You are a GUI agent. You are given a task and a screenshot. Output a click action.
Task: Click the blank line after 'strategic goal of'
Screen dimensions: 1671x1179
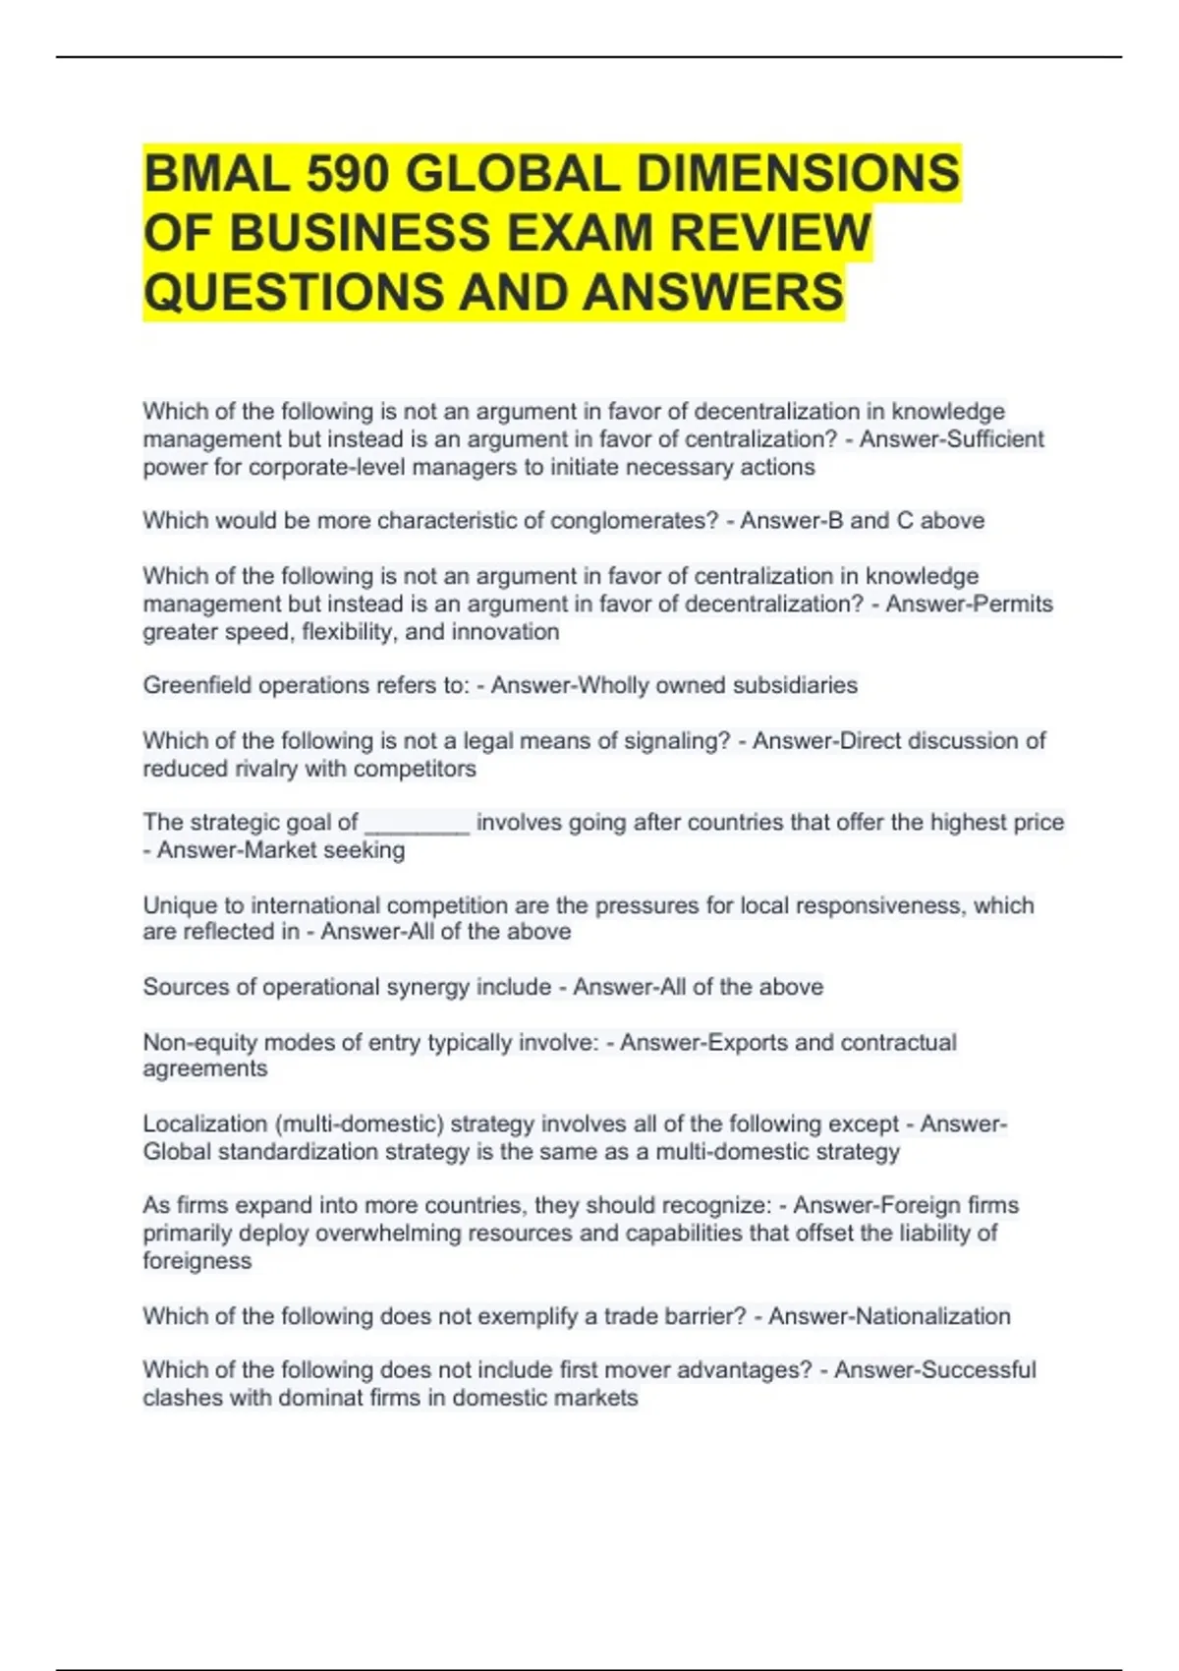417,823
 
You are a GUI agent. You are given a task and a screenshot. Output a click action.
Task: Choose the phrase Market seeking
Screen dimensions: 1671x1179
281,850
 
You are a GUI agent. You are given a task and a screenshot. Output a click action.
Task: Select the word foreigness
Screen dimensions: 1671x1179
196,1261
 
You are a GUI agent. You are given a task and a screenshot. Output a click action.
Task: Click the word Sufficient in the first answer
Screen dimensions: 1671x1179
994,438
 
